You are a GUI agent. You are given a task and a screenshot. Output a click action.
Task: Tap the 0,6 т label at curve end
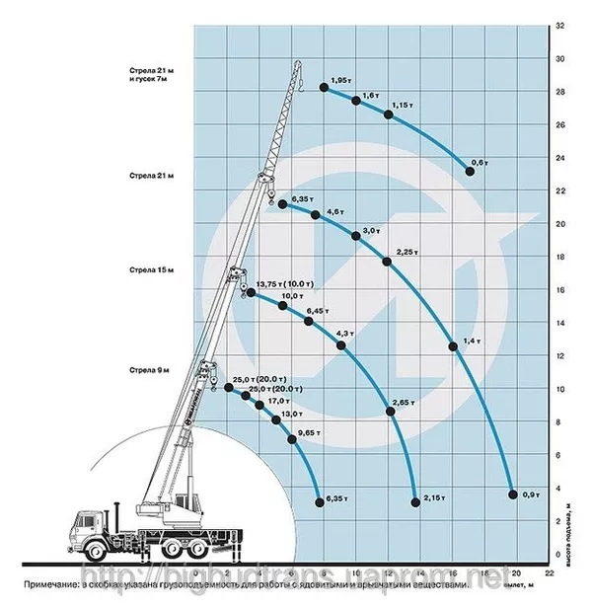click(x=481, y=161)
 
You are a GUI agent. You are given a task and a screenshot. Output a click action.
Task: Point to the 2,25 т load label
click(x=406, y=251)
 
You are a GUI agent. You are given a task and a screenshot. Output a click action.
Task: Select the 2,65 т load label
click(x=403, y=403)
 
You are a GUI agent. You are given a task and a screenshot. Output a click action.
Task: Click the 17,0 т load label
click(x=277, y=401)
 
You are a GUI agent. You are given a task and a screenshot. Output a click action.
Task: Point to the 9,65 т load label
click(x=311, y=431)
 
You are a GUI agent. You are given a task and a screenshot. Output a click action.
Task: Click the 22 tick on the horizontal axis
click(x=546, y=573)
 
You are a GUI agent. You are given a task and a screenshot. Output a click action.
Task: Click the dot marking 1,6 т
click(x=356, y=101)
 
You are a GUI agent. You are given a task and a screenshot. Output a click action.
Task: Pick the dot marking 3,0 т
click(x=355, y=236)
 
